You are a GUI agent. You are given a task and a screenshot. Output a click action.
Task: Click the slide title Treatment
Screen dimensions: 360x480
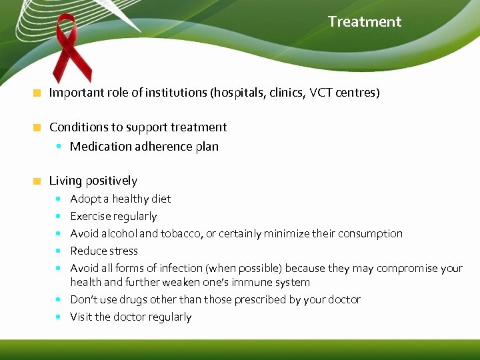pyautogui.click(x=364, y=21)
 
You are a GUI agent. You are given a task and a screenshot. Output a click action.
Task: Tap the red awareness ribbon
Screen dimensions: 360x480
pyautogui.click(x=71, y=50)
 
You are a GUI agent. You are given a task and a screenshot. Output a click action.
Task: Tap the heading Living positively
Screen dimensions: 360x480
pyautogui.click(x=93, y=181)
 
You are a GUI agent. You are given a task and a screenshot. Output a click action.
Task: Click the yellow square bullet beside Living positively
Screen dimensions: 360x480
pyautogui.click(x=37, y=181)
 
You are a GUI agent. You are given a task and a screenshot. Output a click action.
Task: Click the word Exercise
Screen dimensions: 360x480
pyautogui.click(x=90, y=216)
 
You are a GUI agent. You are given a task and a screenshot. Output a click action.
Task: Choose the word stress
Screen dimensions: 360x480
pyautogui.click(x=123, y=251)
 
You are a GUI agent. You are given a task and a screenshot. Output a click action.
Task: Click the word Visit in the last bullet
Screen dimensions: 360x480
pyautogui.click(x=81, y=317)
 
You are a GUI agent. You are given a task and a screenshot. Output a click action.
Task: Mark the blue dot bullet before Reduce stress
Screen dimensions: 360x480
pyautogui.click(x=60, y=251)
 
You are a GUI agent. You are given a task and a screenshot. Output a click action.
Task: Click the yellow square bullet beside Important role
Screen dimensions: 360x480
pyautogui.click(x=37, y=93)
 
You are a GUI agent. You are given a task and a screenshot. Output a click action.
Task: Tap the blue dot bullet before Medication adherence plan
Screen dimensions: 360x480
pyautogui.click(x=60, y=147)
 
